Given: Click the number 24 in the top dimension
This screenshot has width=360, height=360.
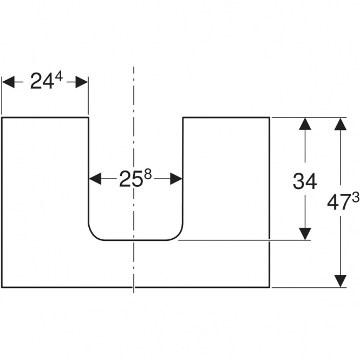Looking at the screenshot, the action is [x=42, y=81].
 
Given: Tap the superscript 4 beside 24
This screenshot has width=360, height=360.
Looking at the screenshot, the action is [x=58, y=77].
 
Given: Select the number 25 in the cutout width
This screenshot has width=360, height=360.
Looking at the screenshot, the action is [x=130, y=179].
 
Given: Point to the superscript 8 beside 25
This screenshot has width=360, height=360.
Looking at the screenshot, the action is [x=148, y=175].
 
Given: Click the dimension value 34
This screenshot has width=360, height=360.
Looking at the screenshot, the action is [x=305, y=181].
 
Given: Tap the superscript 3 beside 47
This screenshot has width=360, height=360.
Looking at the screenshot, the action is [x=355, y=198].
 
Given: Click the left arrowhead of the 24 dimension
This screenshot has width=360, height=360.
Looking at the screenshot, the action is [x=8, y=82].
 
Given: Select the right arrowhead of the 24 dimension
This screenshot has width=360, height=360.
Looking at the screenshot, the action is [x=82, y=82].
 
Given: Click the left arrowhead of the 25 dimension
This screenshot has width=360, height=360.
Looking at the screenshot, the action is [x=95, y=179].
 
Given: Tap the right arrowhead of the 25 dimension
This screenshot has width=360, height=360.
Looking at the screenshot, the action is [x=176, y=179].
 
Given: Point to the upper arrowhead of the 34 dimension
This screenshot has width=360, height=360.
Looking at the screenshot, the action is [x=305, y=124].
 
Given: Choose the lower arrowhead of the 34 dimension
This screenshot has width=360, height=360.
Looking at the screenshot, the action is [x=305, y=234].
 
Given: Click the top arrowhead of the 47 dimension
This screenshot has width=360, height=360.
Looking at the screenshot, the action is [x=341, y=124].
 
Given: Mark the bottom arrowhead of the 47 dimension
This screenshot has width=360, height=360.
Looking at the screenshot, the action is [x=341, y=281].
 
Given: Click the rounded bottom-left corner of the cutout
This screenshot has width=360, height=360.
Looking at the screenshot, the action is [x=94, y=235].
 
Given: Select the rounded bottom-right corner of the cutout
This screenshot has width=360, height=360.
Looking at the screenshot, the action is [x=178, y=235].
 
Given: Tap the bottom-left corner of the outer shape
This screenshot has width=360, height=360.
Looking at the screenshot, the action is [x=2, y=287].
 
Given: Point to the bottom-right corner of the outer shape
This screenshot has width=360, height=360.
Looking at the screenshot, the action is [x=269, y=287].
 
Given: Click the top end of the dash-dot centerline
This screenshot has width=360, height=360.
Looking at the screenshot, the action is [x=134, y=67].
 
